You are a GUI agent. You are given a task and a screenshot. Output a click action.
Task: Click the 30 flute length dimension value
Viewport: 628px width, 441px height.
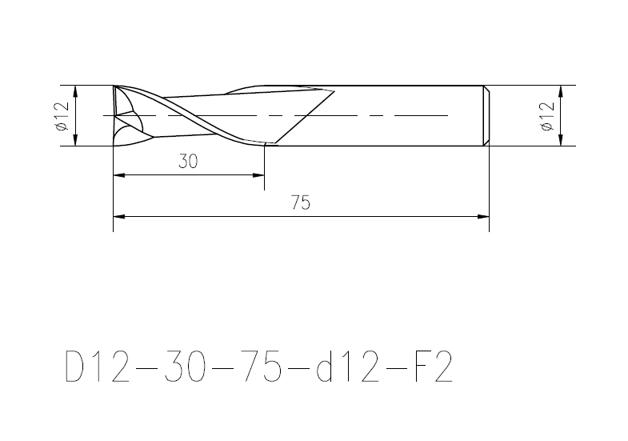(x=188, y=162)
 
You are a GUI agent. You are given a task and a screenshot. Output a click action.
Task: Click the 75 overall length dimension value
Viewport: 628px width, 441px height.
(x=300, y=202)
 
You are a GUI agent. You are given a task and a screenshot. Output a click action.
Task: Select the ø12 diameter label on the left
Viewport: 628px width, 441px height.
(x=62, y=116)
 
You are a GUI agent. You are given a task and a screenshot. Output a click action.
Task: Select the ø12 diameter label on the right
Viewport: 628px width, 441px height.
(x=547, y=116)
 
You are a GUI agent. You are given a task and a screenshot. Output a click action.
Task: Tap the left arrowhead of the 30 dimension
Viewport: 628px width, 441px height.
(x=119, y=175)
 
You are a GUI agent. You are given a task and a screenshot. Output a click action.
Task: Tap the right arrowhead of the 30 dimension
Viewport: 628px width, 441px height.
(x=258, y=175)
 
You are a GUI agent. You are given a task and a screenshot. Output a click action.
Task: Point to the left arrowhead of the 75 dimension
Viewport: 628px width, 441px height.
(x=119, y=217)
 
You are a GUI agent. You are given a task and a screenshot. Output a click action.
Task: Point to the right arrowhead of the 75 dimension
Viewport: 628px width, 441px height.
(x=483, y=217)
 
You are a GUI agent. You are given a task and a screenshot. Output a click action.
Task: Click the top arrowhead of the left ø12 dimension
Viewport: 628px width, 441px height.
(x=76, y=91)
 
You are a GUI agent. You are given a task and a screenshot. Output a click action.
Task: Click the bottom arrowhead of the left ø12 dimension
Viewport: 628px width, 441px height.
(x=76, y=140)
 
